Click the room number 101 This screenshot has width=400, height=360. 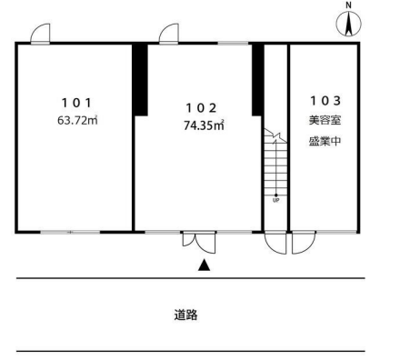click(76, 103)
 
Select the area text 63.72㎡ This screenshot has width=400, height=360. click(77, 121)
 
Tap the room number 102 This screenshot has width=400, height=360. click(201, 108)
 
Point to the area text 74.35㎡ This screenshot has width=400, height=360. click(204, 125)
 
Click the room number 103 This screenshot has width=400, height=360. click(325, 101)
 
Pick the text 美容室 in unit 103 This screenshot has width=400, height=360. click(325, 120)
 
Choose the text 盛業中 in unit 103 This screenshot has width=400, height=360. click(325, 141)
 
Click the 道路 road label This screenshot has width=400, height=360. click(185, 315)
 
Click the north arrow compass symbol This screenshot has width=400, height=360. click(349, 24)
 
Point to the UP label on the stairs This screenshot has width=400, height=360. click(275, 200)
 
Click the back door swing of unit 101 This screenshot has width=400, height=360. click(40, 34)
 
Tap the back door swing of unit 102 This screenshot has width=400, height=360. click(169, 34)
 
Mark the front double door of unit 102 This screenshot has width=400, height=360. click(199, 243)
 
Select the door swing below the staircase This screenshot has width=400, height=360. click(275, 243)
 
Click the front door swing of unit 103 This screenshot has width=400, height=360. click(304, 243)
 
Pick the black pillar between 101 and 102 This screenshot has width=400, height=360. click(140, 80)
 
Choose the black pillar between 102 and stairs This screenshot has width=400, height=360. click(257, 80)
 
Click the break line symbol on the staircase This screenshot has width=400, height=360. click(275, 135)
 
